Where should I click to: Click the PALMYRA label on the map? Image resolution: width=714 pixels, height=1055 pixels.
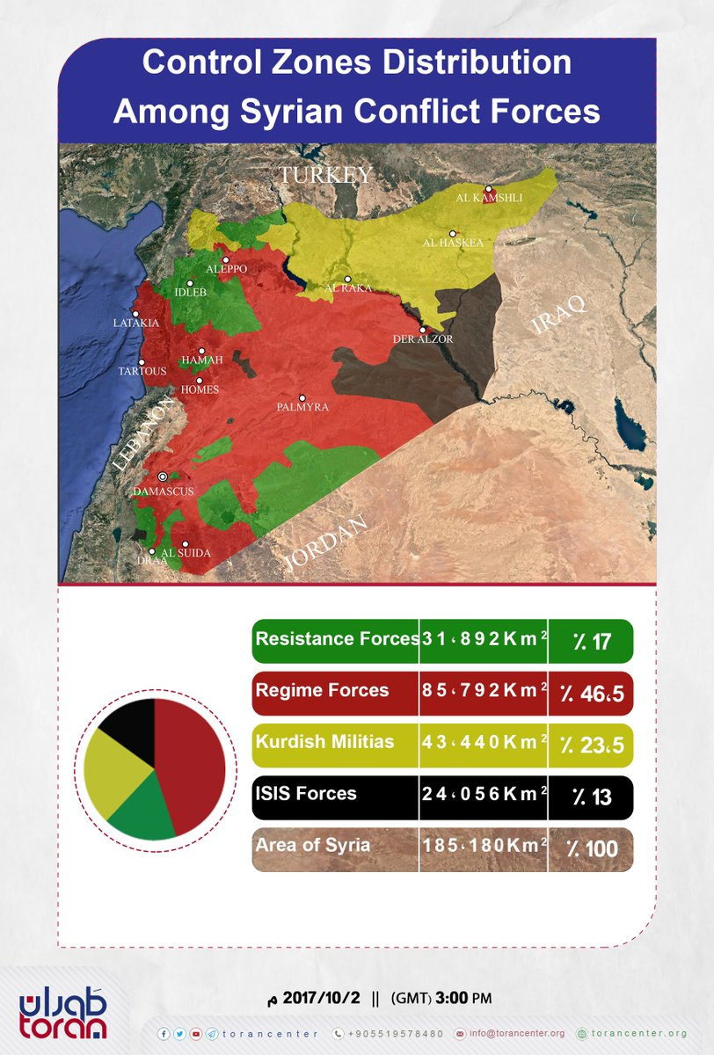click(x=302, y=408)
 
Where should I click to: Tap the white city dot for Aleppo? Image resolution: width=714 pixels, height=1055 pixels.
click(x=225, y=260)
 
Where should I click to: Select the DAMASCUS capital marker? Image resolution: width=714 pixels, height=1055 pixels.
click(x=162, y=477)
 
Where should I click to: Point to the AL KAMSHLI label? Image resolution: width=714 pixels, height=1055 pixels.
click(x=489, y=198)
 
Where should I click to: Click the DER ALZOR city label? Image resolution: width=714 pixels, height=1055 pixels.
click(x=423, y=339)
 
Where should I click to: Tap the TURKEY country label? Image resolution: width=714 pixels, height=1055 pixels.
click(x=325, y=175)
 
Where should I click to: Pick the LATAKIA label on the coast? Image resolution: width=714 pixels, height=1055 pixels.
click(x=136, y=324)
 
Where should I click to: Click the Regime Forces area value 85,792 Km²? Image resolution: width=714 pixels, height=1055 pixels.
click(x=483, y=691)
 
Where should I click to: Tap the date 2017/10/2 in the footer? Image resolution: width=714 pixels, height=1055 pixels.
click(x=322, y=999)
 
